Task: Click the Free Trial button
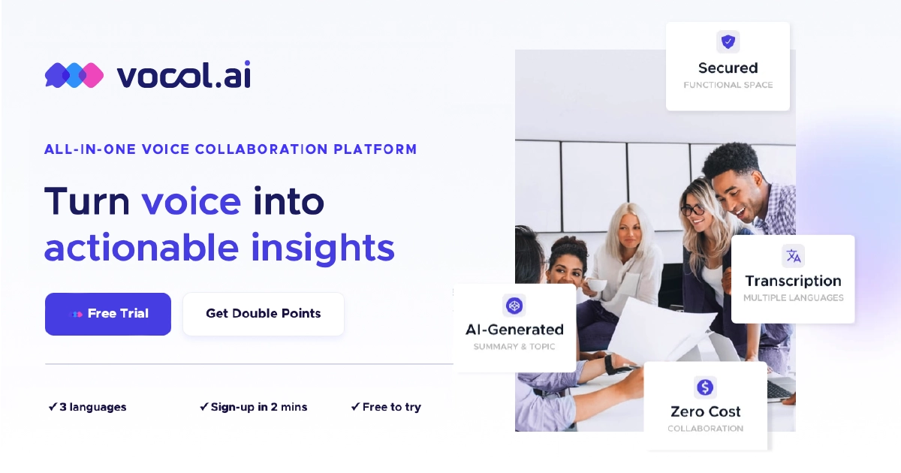108,314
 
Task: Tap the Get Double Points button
264,314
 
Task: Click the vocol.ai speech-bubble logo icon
74,75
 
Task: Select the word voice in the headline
191,202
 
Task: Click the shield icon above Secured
728,41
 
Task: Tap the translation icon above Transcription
793,255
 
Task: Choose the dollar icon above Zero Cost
705,387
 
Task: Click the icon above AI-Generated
514,306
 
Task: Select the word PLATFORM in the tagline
375,149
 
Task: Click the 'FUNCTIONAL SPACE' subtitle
728,85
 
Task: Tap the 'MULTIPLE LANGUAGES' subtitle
793,297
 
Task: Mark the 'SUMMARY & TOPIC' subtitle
514,346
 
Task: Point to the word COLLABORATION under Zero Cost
706,429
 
